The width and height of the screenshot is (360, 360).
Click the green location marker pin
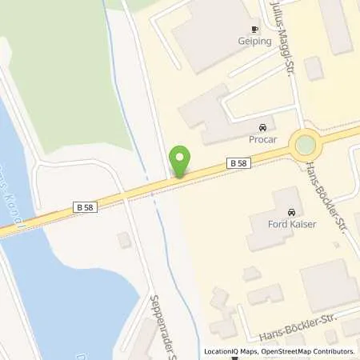click(x=181, y=162)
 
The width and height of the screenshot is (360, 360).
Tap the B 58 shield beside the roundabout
click(x=238, y=163)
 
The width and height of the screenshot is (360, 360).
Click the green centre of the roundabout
click(x=305, y=146)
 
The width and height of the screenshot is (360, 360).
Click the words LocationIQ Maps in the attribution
click(x=231, y=351)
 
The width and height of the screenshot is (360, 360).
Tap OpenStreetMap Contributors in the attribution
click(x=308, y=351)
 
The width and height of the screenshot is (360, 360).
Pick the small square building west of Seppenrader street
click(x=124, y=240)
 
